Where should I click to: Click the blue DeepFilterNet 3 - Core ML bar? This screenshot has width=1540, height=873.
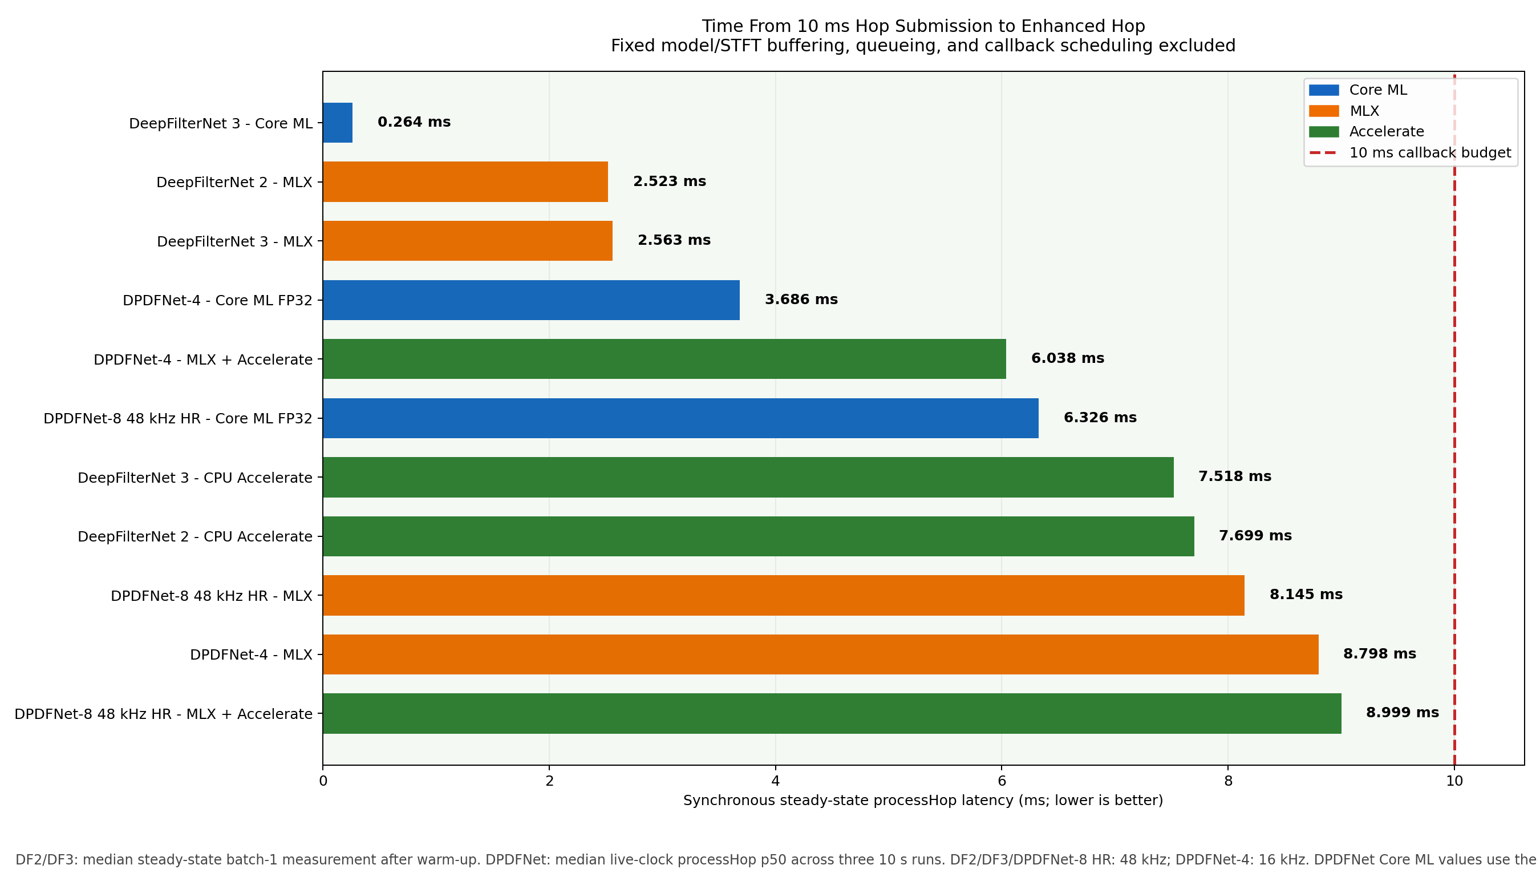pos(337,122)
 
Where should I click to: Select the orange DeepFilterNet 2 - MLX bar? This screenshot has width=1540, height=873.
pos(465,181)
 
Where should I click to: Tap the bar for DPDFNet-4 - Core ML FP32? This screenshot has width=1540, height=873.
pos(531,300)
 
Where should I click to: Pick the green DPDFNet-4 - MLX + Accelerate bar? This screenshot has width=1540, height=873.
pos(664,358)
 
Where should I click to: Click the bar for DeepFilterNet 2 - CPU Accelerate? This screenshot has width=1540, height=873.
pos(758,536)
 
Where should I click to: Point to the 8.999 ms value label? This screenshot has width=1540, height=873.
pos(1402,712)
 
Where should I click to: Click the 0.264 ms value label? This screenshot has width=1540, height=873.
pos(414,122)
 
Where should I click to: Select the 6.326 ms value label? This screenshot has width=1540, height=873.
pos(1100,417)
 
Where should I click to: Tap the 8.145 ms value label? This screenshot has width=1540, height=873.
pos(1306,594)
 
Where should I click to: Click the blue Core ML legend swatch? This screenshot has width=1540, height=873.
pos(1324,90)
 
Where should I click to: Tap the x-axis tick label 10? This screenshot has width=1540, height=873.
pos(1454,781)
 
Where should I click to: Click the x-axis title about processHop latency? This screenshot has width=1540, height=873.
pos(923,801)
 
